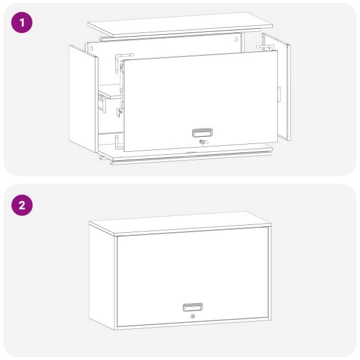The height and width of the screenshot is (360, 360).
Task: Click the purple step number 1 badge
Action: (22, 23)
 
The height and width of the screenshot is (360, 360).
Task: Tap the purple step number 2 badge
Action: (22, 205)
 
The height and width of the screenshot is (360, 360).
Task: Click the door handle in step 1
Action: (202, 133)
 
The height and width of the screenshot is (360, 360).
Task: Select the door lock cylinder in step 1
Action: (202, 142)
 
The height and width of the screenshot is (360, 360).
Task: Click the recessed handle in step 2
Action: (193, 307)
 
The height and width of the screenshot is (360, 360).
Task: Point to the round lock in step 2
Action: (193, 316)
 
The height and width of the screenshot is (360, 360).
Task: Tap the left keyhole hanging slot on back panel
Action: (91, 48)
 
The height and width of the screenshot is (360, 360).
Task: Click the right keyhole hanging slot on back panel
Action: (236, 39)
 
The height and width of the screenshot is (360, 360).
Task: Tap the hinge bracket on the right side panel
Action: (265, 47)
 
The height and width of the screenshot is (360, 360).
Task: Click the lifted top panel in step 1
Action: (180, 24)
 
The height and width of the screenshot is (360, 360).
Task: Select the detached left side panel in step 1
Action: (83, 99)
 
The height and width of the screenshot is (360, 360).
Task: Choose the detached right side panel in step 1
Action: (277, 87)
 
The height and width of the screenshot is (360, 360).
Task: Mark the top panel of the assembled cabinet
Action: (180, 223)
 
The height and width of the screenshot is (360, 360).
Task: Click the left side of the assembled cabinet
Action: (101, 277)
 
